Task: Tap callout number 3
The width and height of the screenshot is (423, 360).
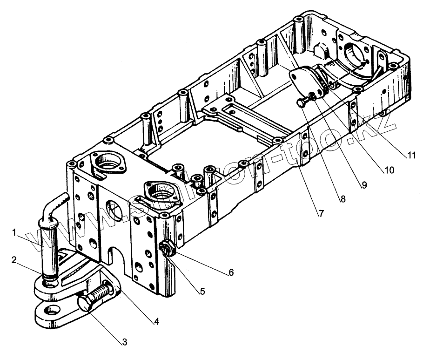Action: tap(124, 342)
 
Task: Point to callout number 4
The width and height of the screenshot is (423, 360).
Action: tap(156, 321)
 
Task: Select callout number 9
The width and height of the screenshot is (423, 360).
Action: tap(364, 185)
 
